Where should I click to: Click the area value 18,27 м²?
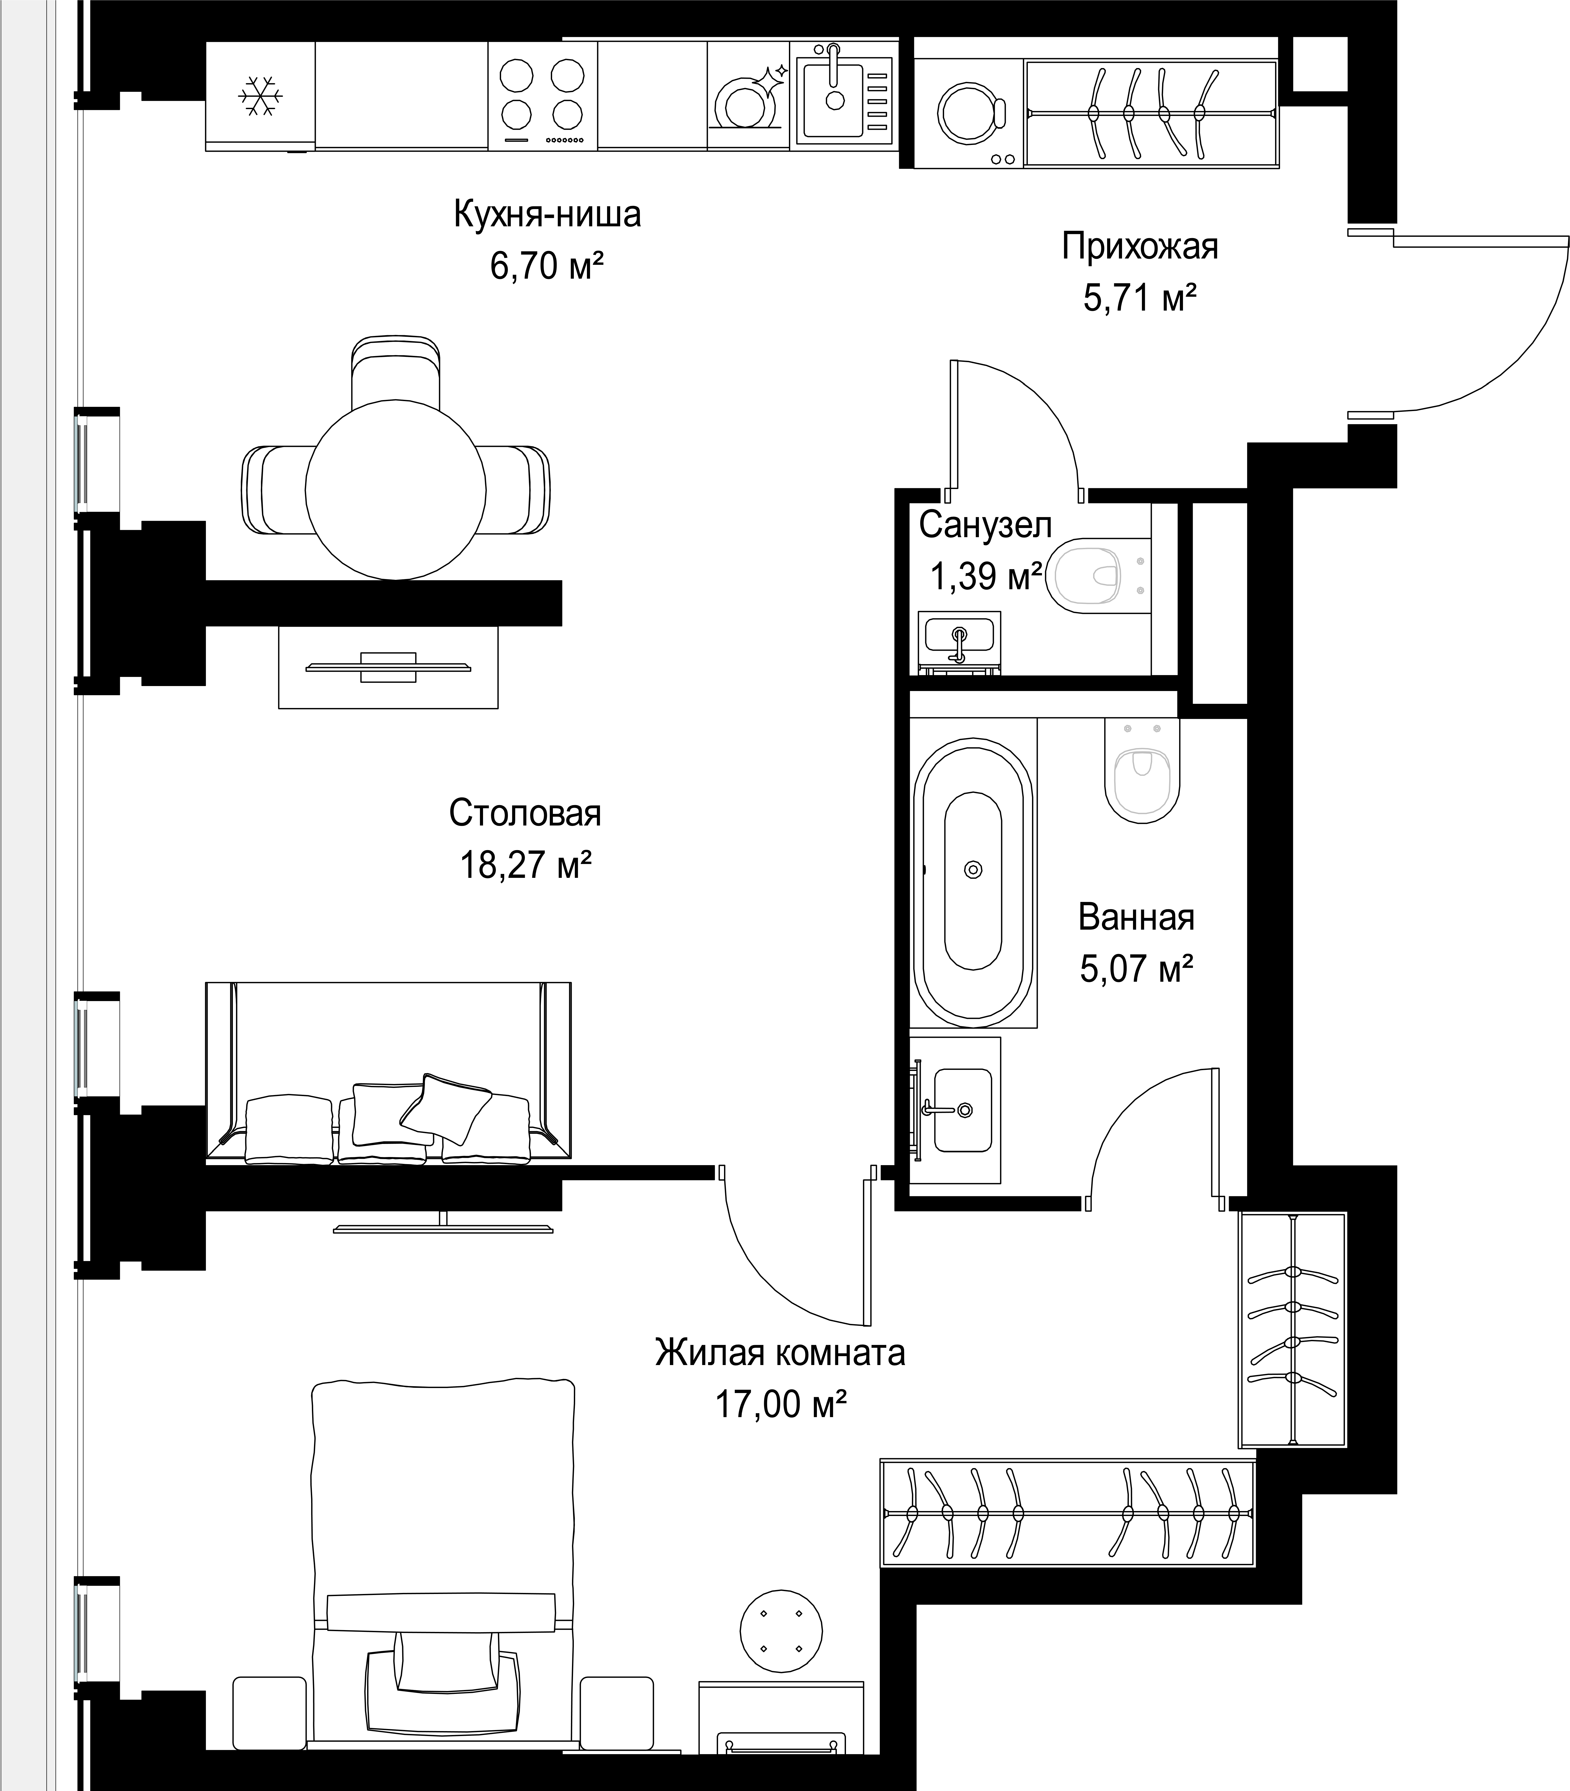[526, 866]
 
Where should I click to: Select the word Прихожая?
[1140, 247]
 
